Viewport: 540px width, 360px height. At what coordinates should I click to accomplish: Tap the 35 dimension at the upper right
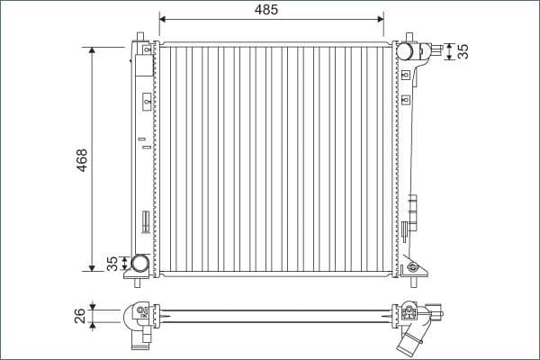click(463, 51)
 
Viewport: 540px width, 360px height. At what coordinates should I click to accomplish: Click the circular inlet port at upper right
click(406, 51)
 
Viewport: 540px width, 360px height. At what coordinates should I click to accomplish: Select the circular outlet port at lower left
click(140, 264)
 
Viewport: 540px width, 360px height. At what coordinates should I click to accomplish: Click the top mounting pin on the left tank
click(140, 38)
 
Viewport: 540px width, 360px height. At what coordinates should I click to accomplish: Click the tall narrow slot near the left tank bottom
click(144, 221)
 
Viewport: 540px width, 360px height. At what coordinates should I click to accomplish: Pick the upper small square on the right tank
click(406, 75)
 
